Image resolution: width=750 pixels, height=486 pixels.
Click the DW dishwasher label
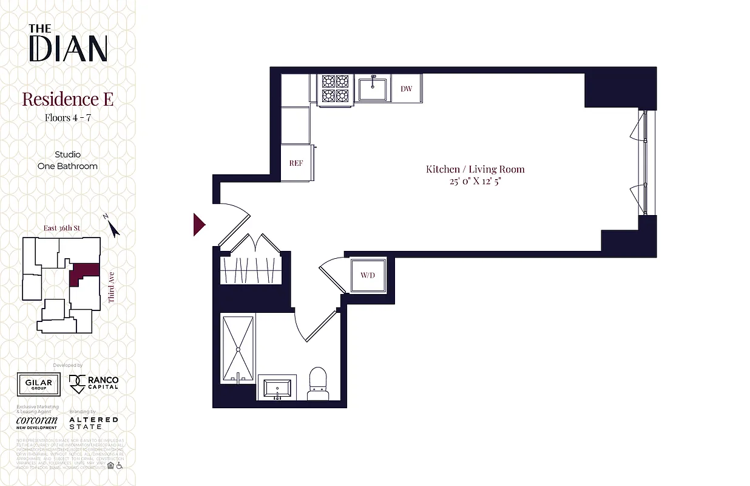tap(406, 89)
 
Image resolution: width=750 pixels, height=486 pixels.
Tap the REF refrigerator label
tap(296, 163)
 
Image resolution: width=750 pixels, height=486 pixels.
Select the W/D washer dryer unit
tap(368, 275)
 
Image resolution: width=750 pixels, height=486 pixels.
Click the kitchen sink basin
tap(373, 89)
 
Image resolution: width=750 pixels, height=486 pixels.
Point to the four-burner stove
tap(335, 88)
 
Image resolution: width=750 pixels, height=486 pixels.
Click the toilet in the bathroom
tap(317, 385)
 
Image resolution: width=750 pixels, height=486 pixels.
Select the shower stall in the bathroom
tap(238, 349)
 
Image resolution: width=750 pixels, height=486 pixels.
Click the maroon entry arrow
tap(199, 225)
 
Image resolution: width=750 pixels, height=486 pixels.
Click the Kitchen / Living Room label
tap(475, 169)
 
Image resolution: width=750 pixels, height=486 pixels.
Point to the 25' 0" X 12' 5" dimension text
tap(475, 180)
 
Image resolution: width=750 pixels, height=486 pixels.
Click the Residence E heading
tap(67, 99)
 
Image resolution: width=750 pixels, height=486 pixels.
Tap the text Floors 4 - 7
tap(67, 118)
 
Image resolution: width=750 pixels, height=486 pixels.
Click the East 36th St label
tap(62, 228)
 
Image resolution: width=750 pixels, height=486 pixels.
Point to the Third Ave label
tap(112, 287)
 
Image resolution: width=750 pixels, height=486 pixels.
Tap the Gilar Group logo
tap(38, 383)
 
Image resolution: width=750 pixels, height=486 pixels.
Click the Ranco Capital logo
tap(94, 383)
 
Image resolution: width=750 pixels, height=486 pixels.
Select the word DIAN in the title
tap(68, 49)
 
